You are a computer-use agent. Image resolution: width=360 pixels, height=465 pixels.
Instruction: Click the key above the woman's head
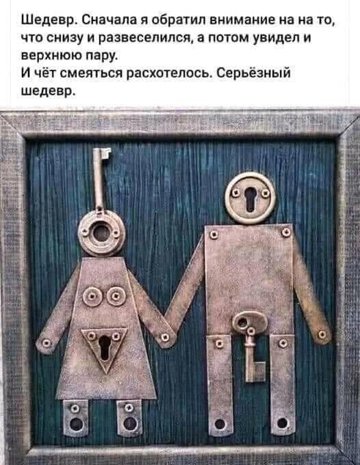pyautogui.click(x=99, y=178)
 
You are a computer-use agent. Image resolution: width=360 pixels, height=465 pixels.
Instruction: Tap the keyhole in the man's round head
pyautogui.click(x=250, y=199)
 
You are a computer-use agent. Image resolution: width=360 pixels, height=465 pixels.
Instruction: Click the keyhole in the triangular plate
pyautogui.click(x=105, y=347)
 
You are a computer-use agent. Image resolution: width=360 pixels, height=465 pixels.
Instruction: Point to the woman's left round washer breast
pyautogui.click(x=92, y=297)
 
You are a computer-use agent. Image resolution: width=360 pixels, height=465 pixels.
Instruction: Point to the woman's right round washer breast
pyautogui.click(x=116, y=296)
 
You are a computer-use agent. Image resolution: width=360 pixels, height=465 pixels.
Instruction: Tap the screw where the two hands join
pyautogui.click(x=166, y=337)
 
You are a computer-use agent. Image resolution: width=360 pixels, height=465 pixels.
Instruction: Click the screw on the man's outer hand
pyautogui.click(x=322, y=335)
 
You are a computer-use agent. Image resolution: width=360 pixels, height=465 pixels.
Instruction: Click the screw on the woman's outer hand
pyautogui.click(x=46, y=343)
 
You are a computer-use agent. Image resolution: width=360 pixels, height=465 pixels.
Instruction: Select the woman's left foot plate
pyautogui.click(x=76, y=418)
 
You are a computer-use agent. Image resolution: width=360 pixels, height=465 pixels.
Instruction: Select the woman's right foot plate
pyautogui.click(x=129, y=418)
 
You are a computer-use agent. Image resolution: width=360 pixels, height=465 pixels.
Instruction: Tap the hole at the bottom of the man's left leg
pyautogui.click(x=220, y=424)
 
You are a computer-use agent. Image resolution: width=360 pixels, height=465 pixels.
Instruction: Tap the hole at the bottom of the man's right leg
pyautogui.click(x=282, y=423)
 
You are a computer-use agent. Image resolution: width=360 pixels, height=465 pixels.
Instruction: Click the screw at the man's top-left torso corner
pyautogui.click(x=214, y=235)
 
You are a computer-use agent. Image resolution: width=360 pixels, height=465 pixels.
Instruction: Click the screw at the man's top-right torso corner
pyautogui.click(x=286, y=232)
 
